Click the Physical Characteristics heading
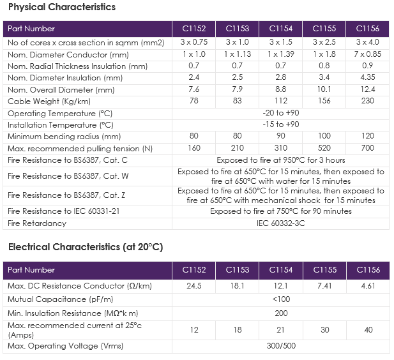(x=62, y=7)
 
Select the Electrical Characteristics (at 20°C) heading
(x=86, y=247)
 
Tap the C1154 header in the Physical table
(x=281, y=28)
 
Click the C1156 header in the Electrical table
(x=368, y=270)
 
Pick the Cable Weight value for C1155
(x=324, y=101)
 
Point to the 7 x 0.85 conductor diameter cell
(x=368, y=54)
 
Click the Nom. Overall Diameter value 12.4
(x=368, y=89)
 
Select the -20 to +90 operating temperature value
(x=281, y=113)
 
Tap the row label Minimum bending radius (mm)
(x=64, y=137)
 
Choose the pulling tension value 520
(x=324, y=148)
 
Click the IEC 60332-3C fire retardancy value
(x=281, y=223)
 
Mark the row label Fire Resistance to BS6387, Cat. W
(x=68, y=176)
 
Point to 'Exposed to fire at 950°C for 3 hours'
(x=281, y=160)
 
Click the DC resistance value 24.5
(x=193, y=286)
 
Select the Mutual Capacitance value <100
(x=281, y=299)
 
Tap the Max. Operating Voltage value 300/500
(x=281, y=346)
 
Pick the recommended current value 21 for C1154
(x=281, y=329)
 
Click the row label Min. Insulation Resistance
(x=73, y=313)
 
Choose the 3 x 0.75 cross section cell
(x=193, y=42)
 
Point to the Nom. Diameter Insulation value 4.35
(x=368, y=77)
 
